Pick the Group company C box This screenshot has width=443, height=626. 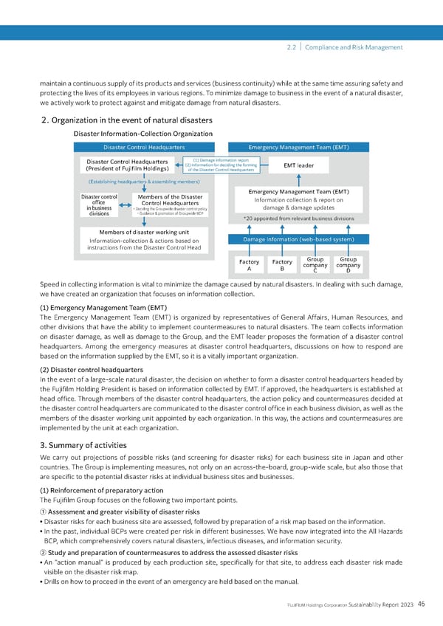(x=315, y=265)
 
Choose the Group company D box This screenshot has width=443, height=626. (x=347, y=265)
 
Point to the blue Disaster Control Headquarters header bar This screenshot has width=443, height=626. (x=145, y=147)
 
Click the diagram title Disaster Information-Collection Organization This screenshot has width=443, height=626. (x=143, y=134)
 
